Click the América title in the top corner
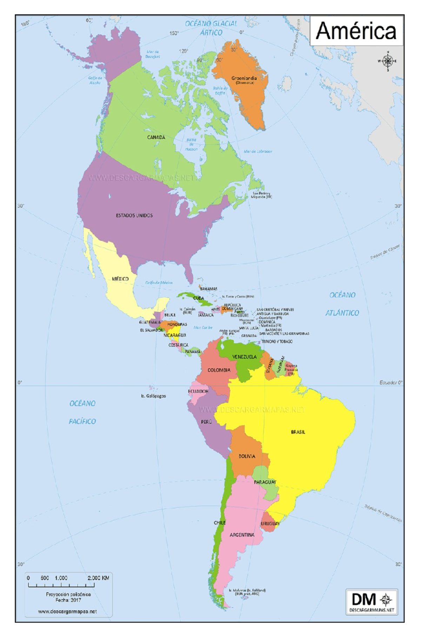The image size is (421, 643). (356, 31)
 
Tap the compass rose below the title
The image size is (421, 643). (388, 61)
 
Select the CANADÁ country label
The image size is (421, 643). (156, 137)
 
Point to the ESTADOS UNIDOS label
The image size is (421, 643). (134, 216)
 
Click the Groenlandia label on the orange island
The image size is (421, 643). (244, 78)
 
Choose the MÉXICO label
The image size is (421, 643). (120, 279)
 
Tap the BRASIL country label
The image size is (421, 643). (298, 432)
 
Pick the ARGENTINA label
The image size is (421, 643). (242, 535)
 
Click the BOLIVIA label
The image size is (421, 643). (247, 456)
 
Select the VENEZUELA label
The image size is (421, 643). (244, 357)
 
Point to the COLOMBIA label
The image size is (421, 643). (219, 370)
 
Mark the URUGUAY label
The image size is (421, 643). (270, 524)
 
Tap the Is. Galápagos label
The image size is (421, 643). (153, 396)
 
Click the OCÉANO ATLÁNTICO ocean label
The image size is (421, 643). (342, 304)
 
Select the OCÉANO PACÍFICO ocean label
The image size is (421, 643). (82, 412)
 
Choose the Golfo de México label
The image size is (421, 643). (159, 282)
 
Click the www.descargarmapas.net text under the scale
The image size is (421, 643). (67, 611)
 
